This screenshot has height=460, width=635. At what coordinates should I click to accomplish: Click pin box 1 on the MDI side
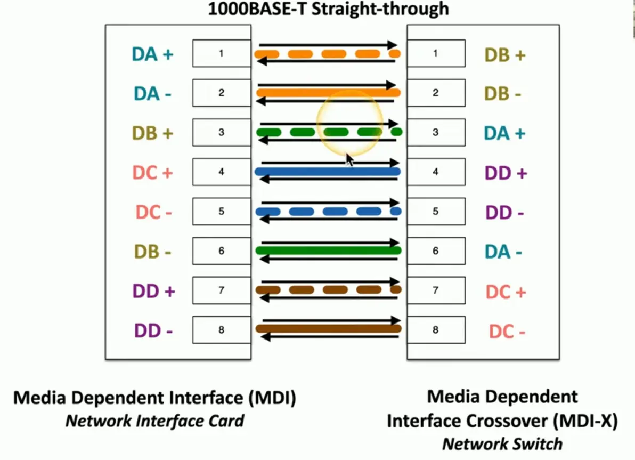(221, 53)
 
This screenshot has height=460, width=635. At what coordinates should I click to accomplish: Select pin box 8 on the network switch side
(436, 330)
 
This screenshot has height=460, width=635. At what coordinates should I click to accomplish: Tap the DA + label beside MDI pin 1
(152, 54)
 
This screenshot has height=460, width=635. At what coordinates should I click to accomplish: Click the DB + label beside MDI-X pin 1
(504, 55)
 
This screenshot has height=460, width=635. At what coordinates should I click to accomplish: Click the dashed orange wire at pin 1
(298, 54)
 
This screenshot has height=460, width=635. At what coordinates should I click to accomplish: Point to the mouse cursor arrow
(349, 159)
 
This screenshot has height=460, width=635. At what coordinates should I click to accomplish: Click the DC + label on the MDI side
(153, 173)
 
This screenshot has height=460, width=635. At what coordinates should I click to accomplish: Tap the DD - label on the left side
(153, 331)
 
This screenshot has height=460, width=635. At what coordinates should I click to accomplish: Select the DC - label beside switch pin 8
(507, 332)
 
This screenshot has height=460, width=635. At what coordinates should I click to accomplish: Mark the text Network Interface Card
(154, 421)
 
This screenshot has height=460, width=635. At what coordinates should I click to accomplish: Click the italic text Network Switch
(502, 443)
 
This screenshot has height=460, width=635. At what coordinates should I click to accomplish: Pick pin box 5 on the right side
(436, 212)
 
